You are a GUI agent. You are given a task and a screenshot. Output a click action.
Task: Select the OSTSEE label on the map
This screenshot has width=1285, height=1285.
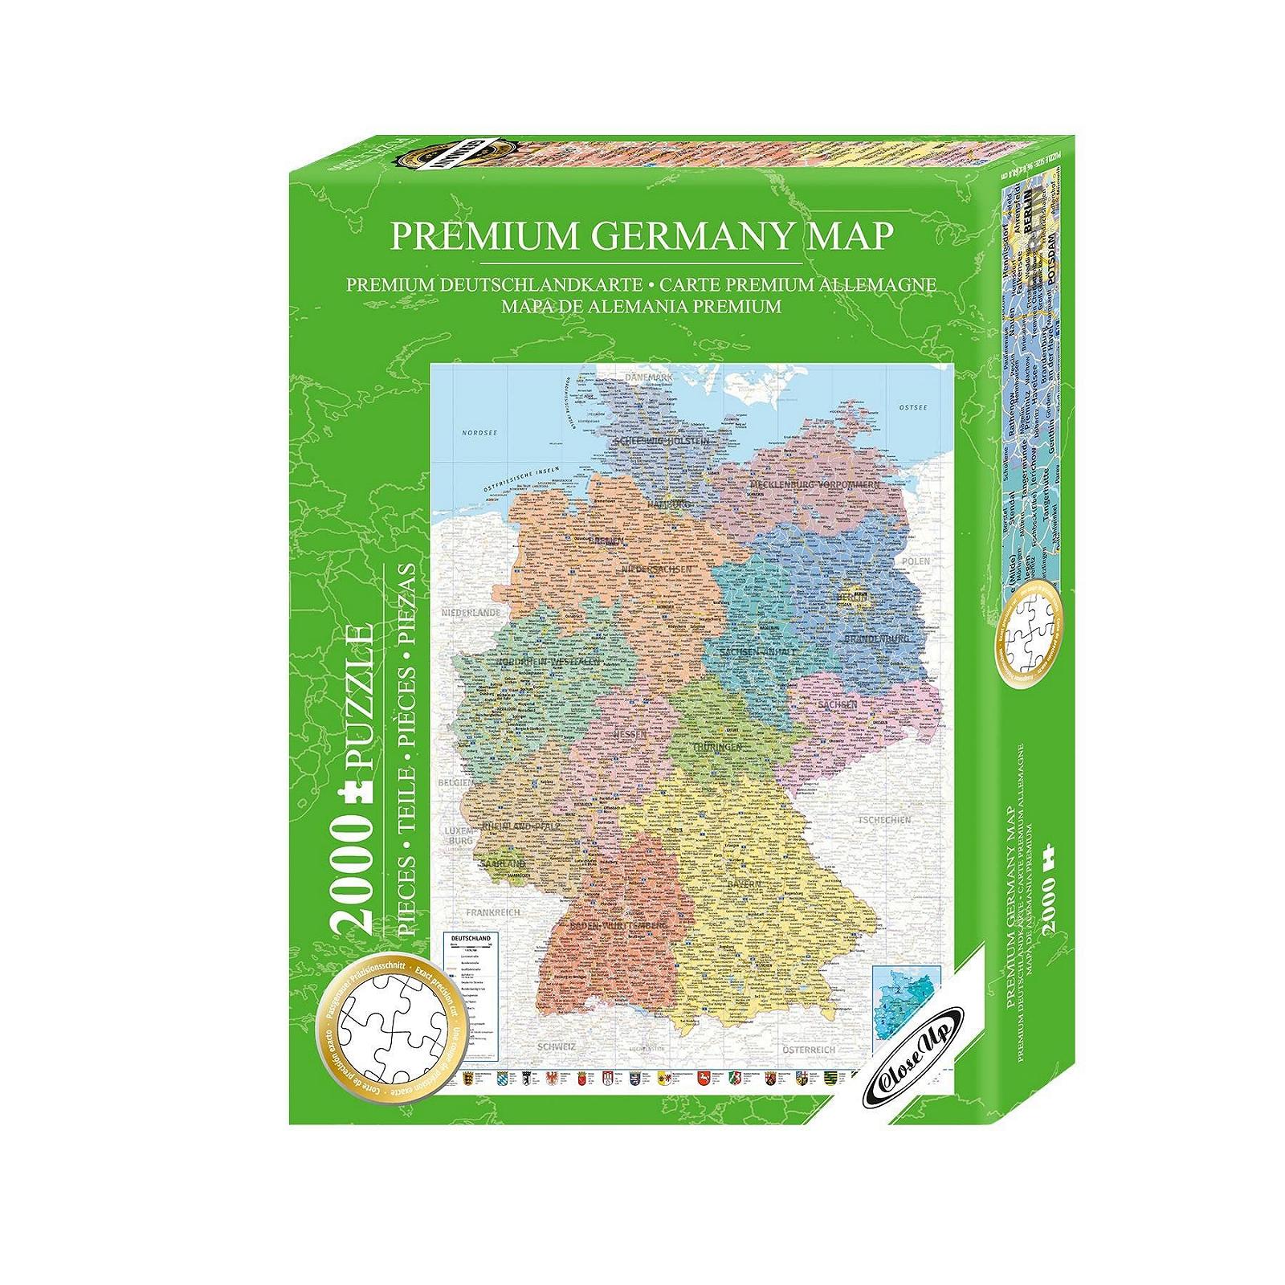pyautogui.click(x=912, y=407)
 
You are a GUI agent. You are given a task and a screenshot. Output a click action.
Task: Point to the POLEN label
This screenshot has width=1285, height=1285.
pyautogui.click(x=915, y=561)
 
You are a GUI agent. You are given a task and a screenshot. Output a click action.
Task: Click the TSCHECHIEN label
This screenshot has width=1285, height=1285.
pyautogui.click(x=884, y=820)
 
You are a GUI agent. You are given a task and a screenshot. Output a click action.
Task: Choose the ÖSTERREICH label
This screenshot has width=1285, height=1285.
pyautogui.click(x=808, y=1049)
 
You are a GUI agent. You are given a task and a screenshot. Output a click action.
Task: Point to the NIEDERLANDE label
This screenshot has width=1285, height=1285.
pyautogui.click(x=471, y=613)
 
